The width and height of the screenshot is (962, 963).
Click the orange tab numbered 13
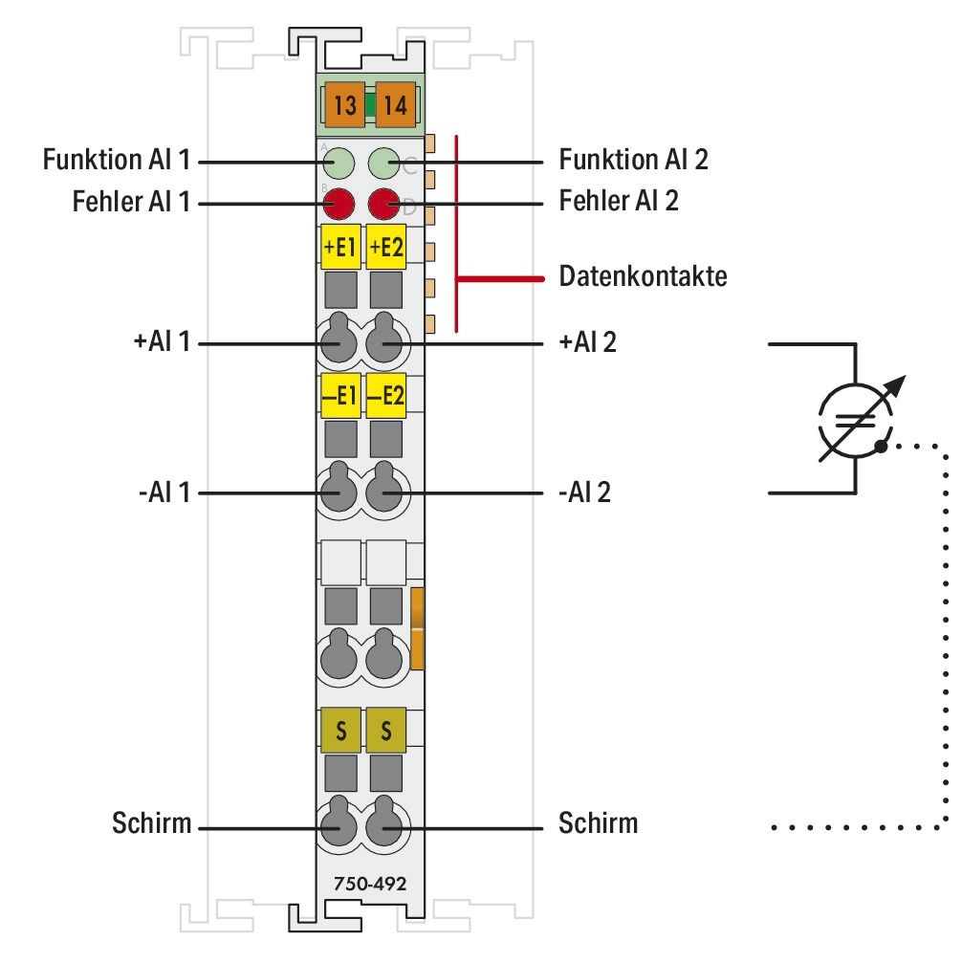(x=346, y=106)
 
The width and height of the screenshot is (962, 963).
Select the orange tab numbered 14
(x=394, y=106)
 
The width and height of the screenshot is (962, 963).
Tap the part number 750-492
(x=362, y=882)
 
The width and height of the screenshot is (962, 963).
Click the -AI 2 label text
(x=587, y=493)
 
